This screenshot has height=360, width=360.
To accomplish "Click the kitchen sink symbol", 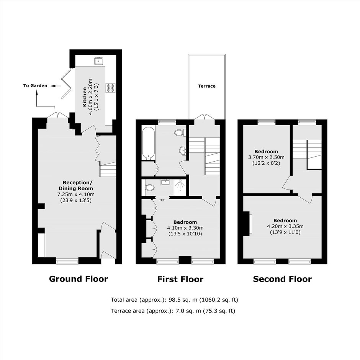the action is tap(99, 61).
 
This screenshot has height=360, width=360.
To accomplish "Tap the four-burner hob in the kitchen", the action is tap(110, 88).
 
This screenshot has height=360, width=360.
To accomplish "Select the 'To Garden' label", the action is tap(35, 86).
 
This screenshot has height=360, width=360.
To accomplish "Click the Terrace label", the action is tap(207, 86).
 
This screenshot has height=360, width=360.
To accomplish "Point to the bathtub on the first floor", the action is tap(148, 143).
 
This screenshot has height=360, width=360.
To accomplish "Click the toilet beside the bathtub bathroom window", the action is tap(180, 133).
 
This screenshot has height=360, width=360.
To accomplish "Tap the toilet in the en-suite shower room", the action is tap(149, 187).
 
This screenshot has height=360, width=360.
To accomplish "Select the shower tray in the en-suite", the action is tap(181, 188).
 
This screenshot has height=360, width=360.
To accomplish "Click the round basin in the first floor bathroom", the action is tap(183, 151).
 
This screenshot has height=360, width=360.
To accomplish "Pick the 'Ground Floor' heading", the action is tap(79, 279).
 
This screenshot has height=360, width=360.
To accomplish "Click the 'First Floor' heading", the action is tap(180, 280).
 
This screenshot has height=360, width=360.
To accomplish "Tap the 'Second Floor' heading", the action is tap(282, 279).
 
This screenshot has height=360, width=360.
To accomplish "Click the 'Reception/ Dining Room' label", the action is tap(76, 185).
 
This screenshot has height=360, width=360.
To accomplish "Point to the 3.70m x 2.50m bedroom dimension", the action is tap(266, 157).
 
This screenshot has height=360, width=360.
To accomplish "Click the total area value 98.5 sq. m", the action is tap(183, 299).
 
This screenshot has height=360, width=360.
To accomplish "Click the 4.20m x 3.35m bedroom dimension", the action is tap(285, 226).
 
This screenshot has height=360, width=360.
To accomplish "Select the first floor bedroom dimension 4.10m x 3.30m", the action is tap(185, 228).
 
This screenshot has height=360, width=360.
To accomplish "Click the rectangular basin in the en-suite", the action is tap(165, 182).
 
